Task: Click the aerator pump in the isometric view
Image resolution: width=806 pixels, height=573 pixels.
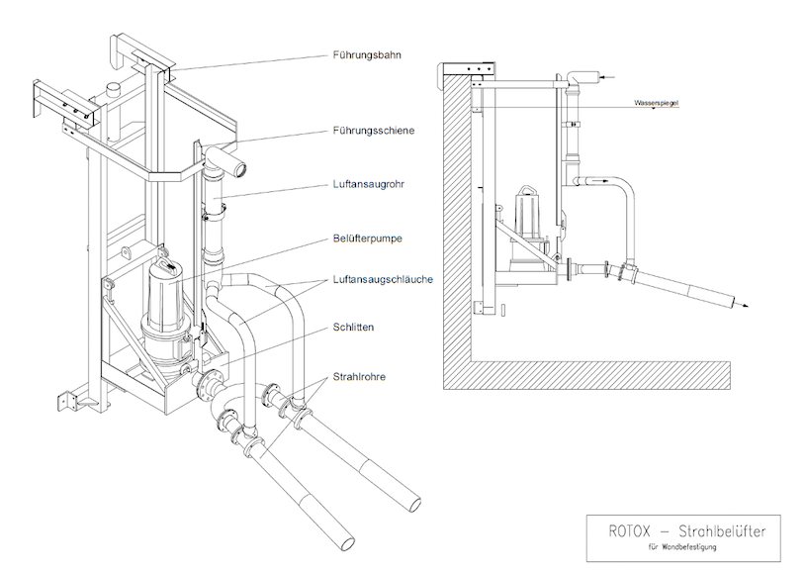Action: coord(162,301)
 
